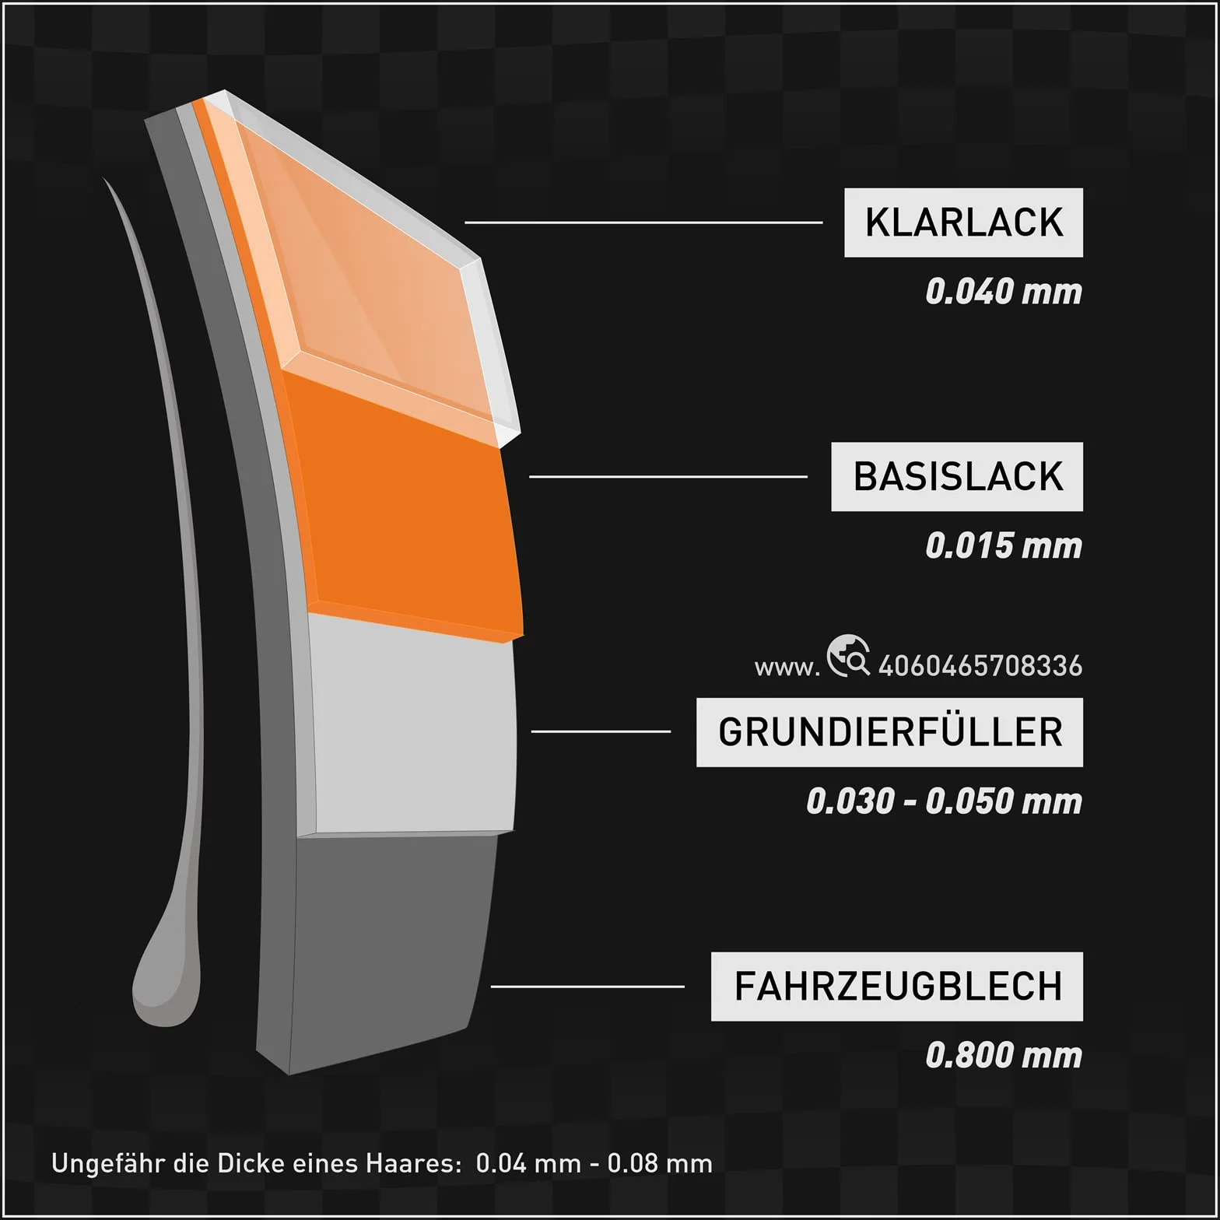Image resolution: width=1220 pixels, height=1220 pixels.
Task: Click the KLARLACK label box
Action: [x=963, y=223]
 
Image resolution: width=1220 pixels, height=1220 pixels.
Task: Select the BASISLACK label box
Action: [x=957, y=477]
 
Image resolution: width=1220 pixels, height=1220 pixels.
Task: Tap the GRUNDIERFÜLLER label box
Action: [x=889, y=732]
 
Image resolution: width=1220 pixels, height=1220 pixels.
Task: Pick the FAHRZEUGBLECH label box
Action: [x=897, y=987]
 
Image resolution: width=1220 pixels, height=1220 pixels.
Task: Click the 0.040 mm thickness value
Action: [x=1004, y=292]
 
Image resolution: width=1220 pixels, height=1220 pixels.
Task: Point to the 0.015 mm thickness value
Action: [x=1004, y=546]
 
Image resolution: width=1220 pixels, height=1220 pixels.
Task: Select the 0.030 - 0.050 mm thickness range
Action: [x=944, y=801]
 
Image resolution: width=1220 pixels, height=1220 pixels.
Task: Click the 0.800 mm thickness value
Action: [x=1004, y=1056]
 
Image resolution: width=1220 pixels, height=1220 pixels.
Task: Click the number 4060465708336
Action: [x=980, y=666]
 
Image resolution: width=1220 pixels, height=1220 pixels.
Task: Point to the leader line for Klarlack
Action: [x=643, y=223]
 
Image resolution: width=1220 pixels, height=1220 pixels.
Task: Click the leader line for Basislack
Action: [x=668, y=476]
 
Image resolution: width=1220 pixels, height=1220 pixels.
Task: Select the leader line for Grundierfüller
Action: [x=601, y=731]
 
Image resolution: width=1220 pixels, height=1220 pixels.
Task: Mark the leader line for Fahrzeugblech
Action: [x=587, y=987]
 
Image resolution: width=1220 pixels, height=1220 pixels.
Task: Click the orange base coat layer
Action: [x=405, y=514]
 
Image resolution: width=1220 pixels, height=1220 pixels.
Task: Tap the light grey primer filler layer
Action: [x=412, y=724]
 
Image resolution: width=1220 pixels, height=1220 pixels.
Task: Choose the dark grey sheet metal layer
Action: [x=389, y=941]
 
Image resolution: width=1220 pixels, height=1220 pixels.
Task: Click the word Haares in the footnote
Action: [x=413, y=1164]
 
